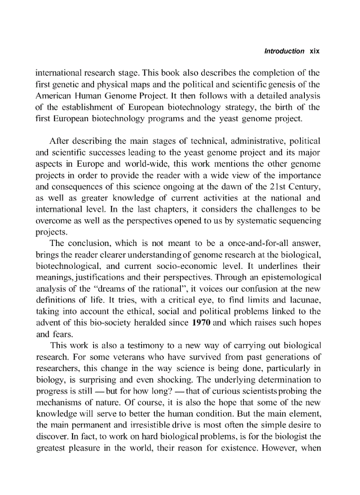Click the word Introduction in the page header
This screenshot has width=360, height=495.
284,51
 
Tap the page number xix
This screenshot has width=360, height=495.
314,51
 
